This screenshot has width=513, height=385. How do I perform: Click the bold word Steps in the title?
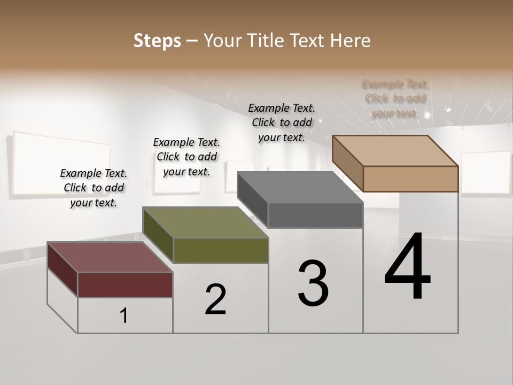157,41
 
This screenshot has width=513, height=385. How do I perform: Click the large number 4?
407,267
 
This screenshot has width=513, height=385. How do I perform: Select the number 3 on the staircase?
313,283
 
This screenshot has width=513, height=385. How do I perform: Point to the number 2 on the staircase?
216,299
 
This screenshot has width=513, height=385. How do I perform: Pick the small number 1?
124,316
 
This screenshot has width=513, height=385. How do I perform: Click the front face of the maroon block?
125,284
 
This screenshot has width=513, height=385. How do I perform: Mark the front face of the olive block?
220,250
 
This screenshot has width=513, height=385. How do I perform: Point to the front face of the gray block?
315,215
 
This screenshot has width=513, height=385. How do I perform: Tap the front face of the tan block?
410,179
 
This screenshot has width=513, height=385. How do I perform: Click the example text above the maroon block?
94,188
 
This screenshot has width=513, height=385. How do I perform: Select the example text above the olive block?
186,157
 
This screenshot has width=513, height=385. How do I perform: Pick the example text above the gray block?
282,122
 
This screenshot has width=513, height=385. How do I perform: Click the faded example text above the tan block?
395,98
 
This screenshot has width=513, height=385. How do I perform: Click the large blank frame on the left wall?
61,163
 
